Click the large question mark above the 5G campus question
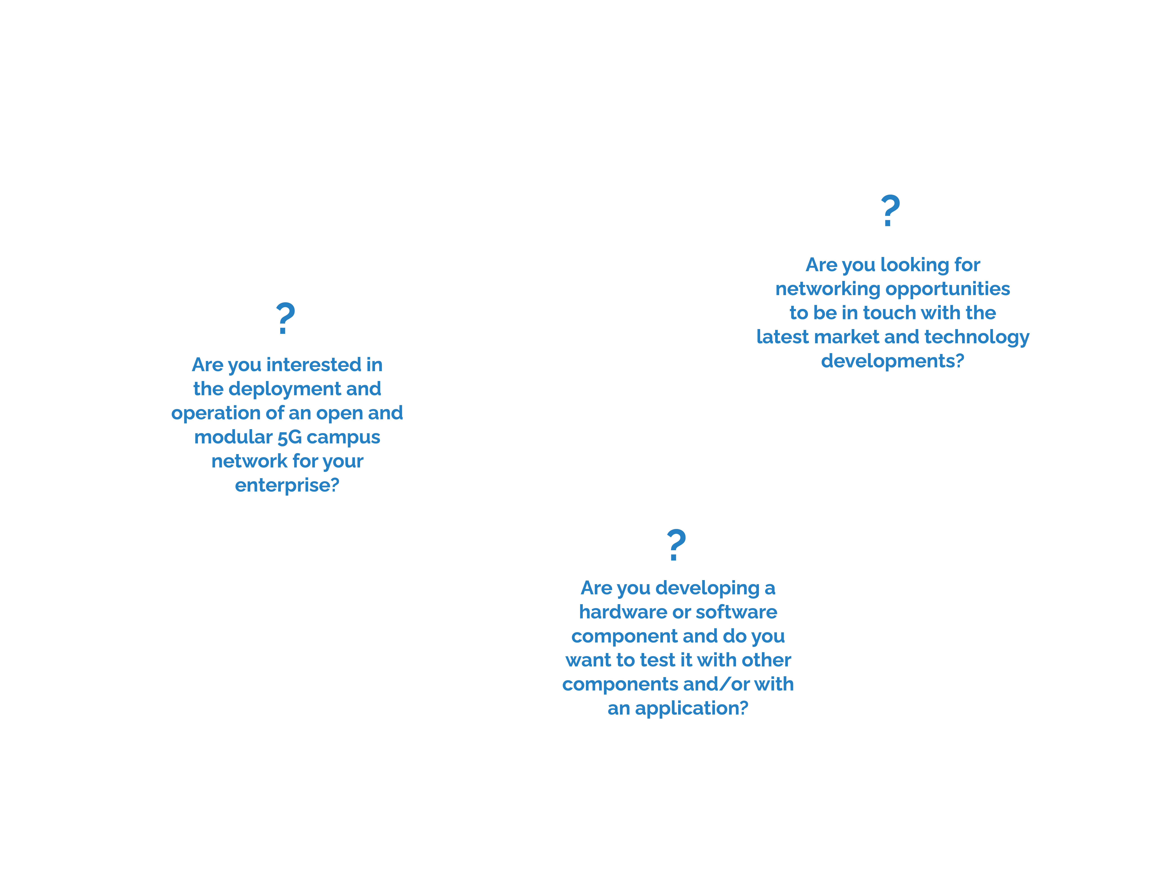(x=285, y=318)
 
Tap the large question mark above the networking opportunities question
(x=890, y=211)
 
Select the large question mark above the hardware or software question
(x=676, y=545)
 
